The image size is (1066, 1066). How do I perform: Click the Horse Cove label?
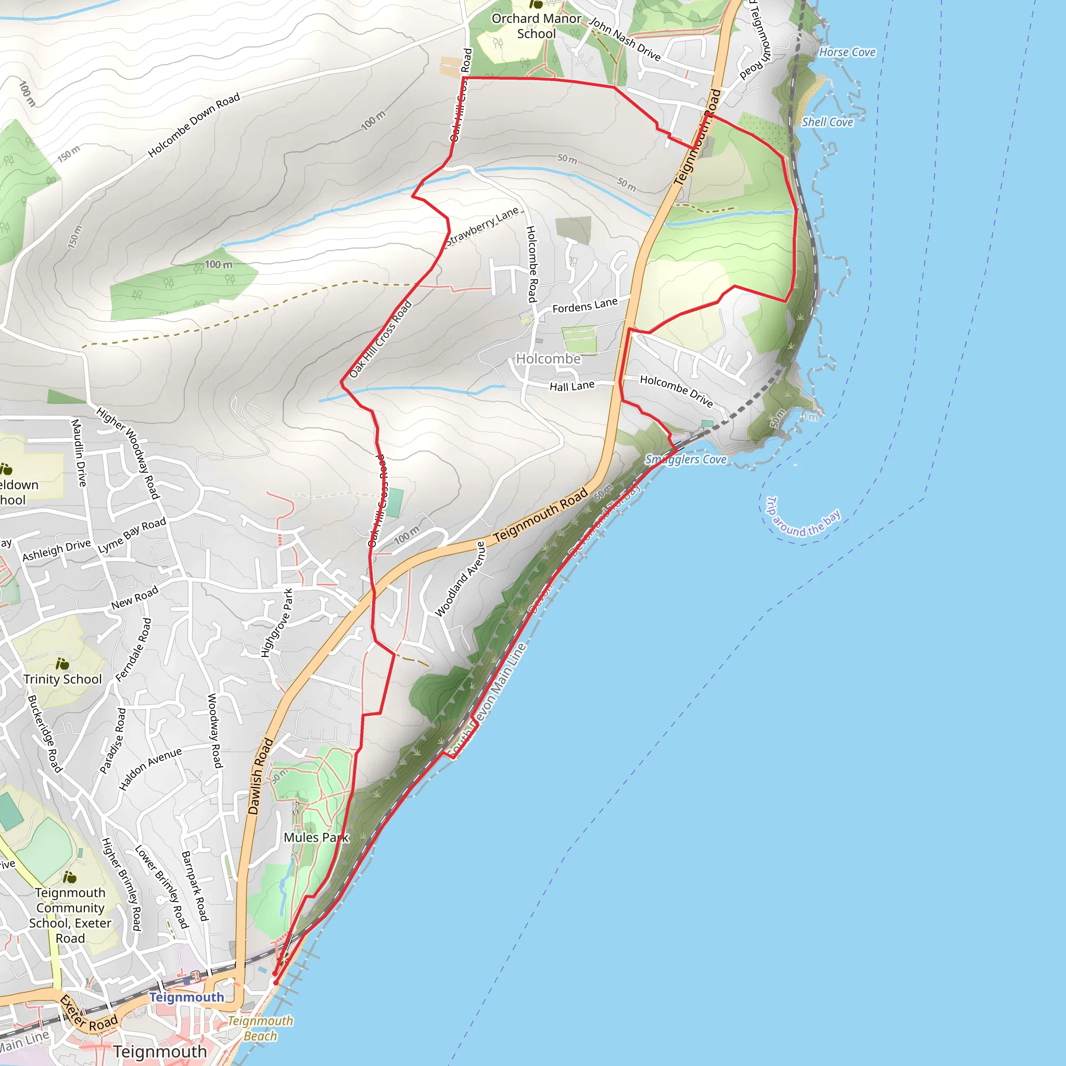click(x=847, y=53)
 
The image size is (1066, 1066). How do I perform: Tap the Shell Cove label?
click(x=827, y=122)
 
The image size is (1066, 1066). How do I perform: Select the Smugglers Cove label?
click(x=686, y=460)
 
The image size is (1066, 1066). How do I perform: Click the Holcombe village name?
click(x=548, y=359)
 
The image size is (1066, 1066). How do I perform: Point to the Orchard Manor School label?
click(x=536, y=26)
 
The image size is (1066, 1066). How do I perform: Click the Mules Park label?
click(x=316, y=837)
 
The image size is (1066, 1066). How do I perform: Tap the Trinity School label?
click(x=62, y=679)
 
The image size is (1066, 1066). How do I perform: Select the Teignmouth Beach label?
click(x=260, y=1028)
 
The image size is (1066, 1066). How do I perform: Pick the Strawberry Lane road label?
click(x=482, y=226)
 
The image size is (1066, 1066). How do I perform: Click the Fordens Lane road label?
click(x=585, y=305)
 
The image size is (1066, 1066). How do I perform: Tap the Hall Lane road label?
click(x=572, y=386)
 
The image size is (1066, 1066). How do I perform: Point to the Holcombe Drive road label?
click(x=677, y=391)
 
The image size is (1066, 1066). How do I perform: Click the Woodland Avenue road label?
click(x=460, y=579)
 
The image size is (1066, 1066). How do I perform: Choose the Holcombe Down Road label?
click(x=194, y=125)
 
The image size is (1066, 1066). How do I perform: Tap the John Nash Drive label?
click(x=625, y=39)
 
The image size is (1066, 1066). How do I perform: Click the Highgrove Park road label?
click(x=276, y=623)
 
